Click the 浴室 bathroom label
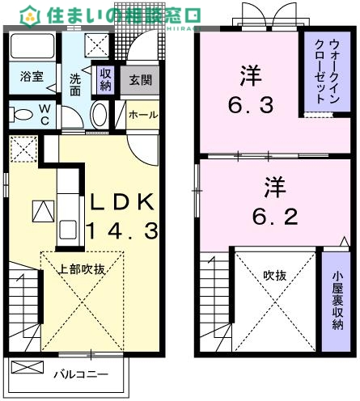pos(32,78)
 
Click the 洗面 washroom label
pos(74,86)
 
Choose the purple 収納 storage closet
pos(104,79)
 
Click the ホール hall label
pos(143,115)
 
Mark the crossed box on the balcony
pos(30,368)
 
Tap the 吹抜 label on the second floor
pos(274,276)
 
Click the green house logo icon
pos(29,14)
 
